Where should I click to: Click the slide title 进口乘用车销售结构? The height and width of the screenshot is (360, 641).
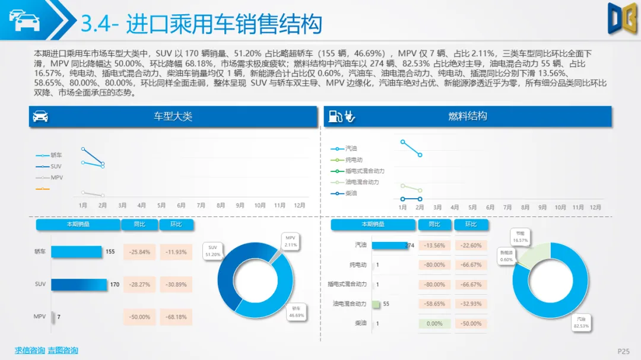(201, 24)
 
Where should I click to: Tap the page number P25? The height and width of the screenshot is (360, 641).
(623, 351)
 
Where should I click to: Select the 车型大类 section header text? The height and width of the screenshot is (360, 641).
(173, 116)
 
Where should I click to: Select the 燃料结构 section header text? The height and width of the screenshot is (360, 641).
(468, 116)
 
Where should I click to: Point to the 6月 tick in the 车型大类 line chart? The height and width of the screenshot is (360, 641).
(181, 205)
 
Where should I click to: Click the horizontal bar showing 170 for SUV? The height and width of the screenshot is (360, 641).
(79, 285)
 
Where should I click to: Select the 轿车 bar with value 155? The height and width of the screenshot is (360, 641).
(77, 251)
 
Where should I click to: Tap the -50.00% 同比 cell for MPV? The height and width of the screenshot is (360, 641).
(139, 317)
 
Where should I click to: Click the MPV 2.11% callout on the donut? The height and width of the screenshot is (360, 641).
(290, 241)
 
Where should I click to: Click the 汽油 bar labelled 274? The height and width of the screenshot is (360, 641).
(389, 245)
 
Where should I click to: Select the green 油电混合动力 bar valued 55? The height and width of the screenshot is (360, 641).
(376, 304)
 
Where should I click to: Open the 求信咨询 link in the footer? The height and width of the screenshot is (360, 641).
(30, 351)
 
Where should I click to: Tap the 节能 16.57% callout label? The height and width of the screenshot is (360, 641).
(520, 237)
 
